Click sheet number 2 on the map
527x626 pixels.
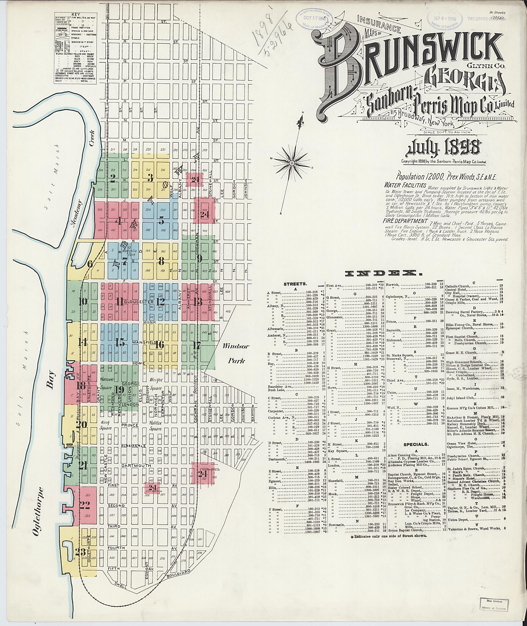(112, 178)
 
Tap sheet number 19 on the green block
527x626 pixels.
(120, 389)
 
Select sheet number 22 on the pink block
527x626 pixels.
(85, 505)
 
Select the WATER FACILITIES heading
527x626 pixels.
(405, 185)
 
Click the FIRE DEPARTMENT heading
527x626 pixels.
(405, 221)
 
